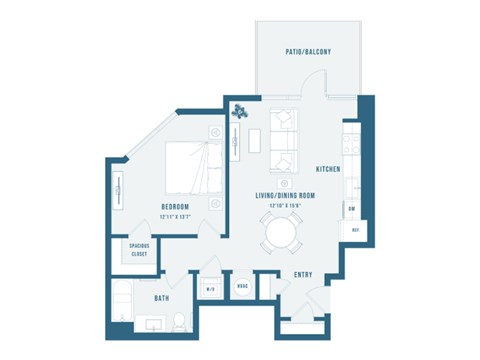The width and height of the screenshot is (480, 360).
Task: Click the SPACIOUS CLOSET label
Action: tap(138, 251)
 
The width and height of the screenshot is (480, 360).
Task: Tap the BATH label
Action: tap(161, 297)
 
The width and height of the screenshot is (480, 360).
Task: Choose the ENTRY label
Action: tap(303, 274)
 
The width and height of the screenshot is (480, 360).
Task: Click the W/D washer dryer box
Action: tap(211, 290)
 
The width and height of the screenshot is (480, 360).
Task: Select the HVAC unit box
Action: tap(242, 287)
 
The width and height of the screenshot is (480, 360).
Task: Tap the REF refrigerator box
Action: tap(355, 230)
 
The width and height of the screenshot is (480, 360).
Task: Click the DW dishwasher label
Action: tap(352, 208)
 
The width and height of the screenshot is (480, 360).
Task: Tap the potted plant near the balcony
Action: tap(240, 112)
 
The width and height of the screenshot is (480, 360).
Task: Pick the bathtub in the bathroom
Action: tap(119, 303)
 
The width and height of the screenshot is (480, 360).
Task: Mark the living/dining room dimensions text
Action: tap(285, 205)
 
